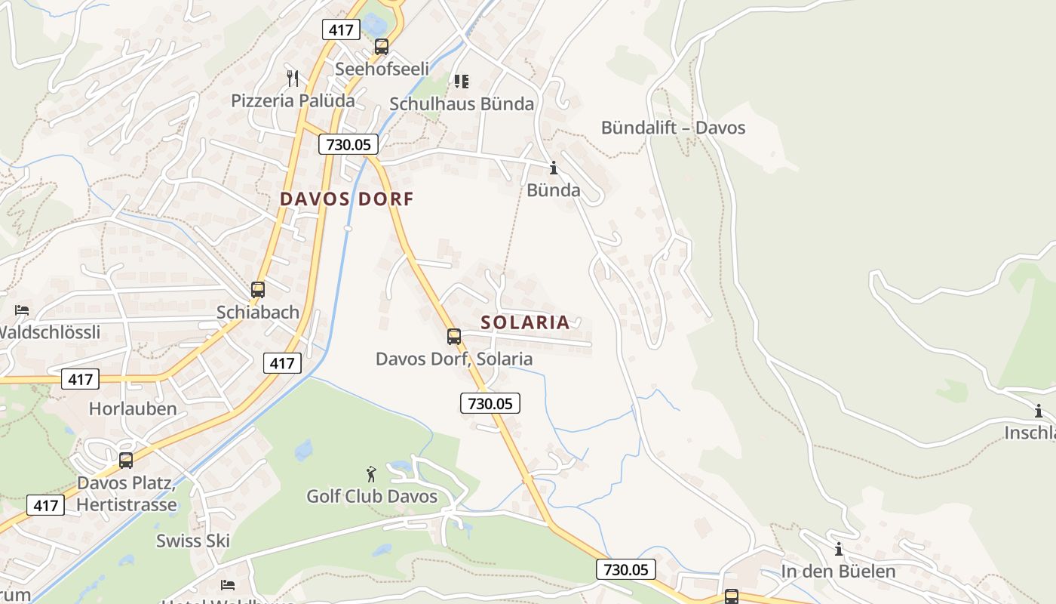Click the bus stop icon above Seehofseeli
click(382, 47)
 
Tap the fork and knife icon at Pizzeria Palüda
click(293, 78)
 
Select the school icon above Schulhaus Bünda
click(461, 81)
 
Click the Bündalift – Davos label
click(673, 128)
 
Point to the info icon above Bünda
click(554, 168)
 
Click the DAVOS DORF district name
click(347, 199)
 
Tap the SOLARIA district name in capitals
click(525, 322)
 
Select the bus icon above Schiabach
click(258, 289)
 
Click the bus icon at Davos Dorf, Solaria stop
click(453, 337)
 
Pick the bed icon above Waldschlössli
click(22, 310)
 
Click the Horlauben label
click(133, 409)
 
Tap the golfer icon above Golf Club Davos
click(371, 474)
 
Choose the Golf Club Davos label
click(372, 497)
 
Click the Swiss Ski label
click(193, 541)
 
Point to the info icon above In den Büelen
click(838, 549)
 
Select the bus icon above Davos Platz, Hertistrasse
click(126, 460)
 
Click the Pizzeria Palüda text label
click(293, 100)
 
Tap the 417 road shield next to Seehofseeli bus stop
click(341, 30)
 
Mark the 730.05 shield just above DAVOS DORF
click(348, 144)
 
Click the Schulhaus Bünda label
click(462, 104)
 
